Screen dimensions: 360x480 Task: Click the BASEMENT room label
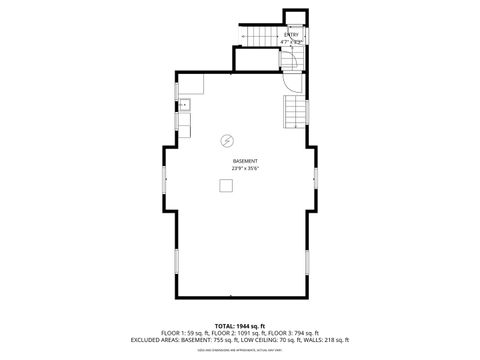tap(245, 161)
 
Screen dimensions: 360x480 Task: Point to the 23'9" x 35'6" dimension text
tap(245, 169)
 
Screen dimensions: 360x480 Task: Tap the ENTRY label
tap(292, 35)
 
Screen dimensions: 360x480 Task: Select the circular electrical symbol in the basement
tap(227, 139)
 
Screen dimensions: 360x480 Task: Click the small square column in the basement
tap(226, 185)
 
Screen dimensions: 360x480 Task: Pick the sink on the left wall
tap(187, 103)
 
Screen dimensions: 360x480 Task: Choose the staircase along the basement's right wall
tap(294, 111)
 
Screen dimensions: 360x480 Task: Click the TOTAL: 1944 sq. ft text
tap(239, 326)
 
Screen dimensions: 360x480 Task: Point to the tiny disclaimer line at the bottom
tap(239, 349)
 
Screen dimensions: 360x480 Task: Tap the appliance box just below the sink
tap(186, 123)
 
